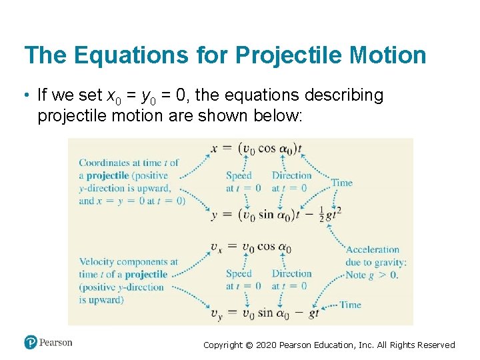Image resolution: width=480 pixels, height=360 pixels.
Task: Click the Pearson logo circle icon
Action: point(31,342)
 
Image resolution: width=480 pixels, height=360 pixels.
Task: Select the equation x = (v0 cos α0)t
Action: point(257,149)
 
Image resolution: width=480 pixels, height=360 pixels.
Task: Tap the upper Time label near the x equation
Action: point(342,183)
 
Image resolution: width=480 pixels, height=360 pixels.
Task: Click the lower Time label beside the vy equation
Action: point(350,305)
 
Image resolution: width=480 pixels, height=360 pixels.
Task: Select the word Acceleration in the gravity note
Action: point(373,250)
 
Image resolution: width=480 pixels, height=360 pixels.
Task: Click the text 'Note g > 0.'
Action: point(371,275)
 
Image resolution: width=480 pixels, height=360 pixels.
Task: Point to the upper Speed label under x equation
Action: point(239,176)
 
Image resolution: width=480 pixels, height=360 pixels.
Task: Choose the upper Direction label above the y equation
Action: point(291,176)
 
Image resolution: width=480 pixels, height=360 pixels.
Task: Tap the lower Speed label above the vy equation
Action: point(239,273)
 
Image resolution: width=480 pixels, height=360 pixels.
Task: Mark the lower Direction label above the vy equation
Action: point(291,273)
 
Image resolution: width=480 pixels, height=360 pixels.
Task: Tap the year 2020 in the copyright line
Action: point(268,345)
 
